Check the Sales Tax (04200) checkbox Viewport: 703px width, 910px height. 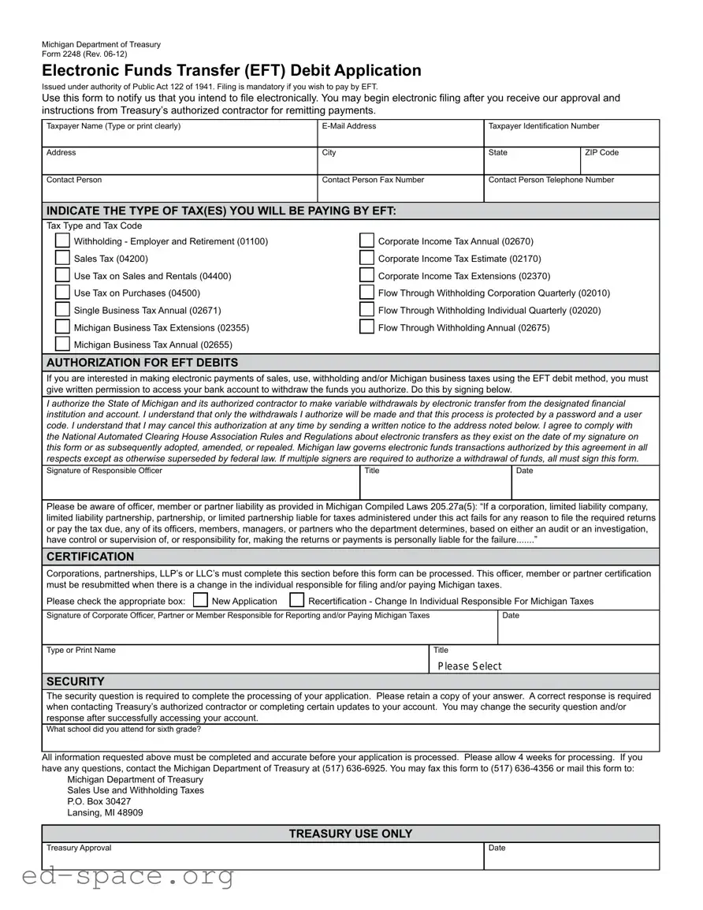62,259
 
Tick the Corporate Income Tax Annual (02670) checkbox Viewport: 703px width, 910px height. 366,241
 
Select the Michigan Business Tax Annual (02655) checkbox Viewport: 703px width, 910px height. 62,344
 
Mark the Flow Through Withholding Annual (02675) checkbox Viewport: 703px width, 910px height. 366,327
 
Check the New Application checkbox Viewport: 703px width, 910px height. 200,600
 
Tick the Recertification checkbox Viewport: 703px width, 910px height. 297,600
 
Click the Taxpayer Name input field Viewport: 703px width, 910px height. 180,138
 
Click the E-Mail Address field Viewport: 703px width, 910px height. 400,138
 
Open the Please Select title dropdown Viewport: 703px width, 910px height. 544,666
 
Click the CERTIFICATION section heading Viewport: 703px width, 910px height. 90,557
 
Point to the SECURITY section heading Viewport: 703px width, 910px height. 75,681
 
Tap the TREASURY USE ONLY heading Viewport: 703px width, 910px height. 350,834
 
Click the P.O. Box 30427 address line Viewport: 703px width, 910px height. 99,801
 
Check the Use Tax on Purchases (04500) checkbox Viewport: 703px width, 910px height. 62,293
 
